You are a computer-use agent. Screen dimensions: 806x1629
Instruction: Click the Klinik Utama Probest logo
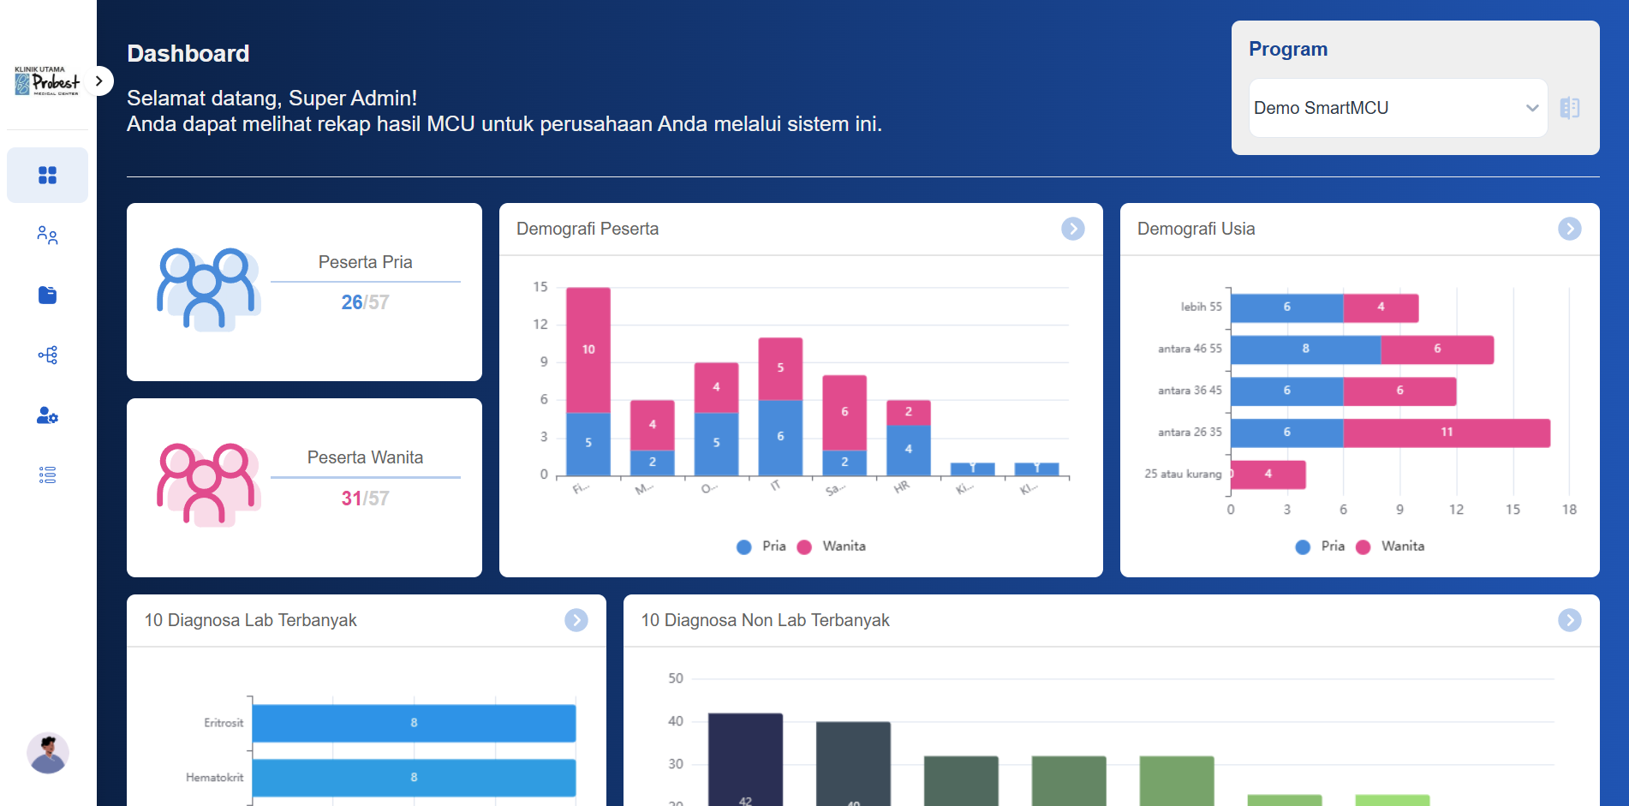tap(46, 81)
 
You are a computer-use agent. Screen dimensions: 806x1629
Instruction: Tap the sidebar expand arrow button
tap(99, 81)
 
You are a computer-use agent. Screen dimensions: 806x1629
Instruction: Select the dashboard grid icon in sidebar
tap(47, 175)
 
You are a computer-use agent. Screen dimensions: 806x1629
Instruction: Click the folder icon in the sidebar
tap(47, 295)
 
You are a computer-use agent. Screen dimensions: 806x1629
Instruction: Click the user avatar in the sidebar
tap(47, 753)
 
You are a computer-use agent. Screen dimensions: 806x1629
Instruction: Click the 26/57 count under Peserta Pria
tap(365, 302)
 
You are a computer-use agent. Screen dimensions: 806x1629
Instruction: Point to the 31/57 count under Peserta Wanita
tap(365, 499)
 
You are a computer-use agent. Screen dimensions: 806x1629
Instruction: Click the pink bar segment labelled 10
tap(588, 349)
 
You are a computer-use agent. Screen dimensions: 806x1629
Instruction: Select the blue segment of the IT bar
tap(780, 437)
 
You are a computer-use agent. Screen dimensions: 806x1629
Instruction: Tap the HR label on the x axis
tap(901, 487)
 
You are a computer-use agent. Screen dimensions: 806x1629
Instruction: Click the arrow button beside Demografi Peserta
tap(1072, 229)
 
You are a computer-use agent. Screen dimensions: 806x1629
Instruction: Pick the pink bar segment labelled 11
tap(1446, 433)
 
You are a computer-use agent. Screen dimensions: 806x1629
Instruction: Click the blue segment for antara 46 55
tap(1305, 349)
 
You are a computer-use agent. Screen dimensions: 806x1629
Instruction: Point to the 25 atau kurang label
tap(1183, 474)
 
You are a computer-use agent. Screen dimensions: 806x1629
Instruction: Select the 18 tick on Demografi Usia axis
tap(1568, 510)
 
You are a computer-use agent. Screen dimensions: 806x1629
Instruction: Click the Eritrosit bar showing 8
tap(414, 723)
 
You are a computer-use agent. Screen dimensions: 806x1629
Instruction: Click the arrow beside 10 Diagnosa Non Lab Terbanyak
tap(1569, 620)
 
